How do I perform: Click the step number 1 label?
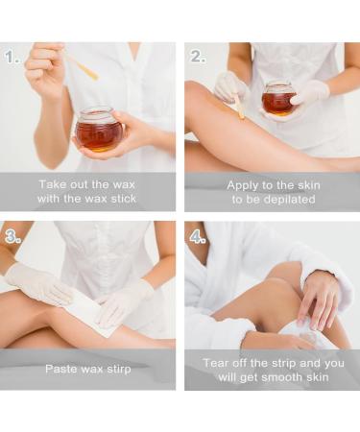pos(12,58)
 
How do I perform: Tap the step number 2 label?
pos(198,57)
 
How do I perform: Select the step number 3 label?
pos(12,237)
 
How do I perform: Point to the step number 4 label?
pos(198,237)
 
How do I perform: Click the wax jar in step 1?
pos(95,130)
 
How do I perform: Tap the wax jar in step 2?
pos(277,99)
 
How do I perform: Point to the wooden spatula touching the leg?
pos(238,105)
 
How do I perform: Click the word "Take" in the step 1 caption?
pos(49,184)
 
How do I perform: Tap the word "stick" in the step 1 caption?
pos(124,199)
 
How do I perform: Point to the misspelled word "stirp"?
pos(119,370)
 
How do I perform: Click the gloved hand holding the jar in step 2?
pos(309,93)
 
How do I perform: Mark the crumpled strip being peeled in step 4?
pos(307,333)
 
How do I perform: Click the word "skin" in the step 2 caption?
pos(309,185)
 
